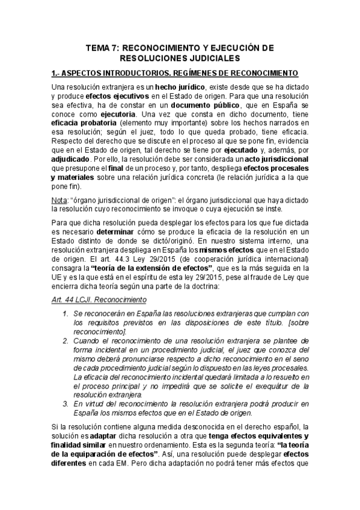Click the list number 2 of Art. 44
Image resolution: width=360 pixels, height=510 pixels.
[65, 340]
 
